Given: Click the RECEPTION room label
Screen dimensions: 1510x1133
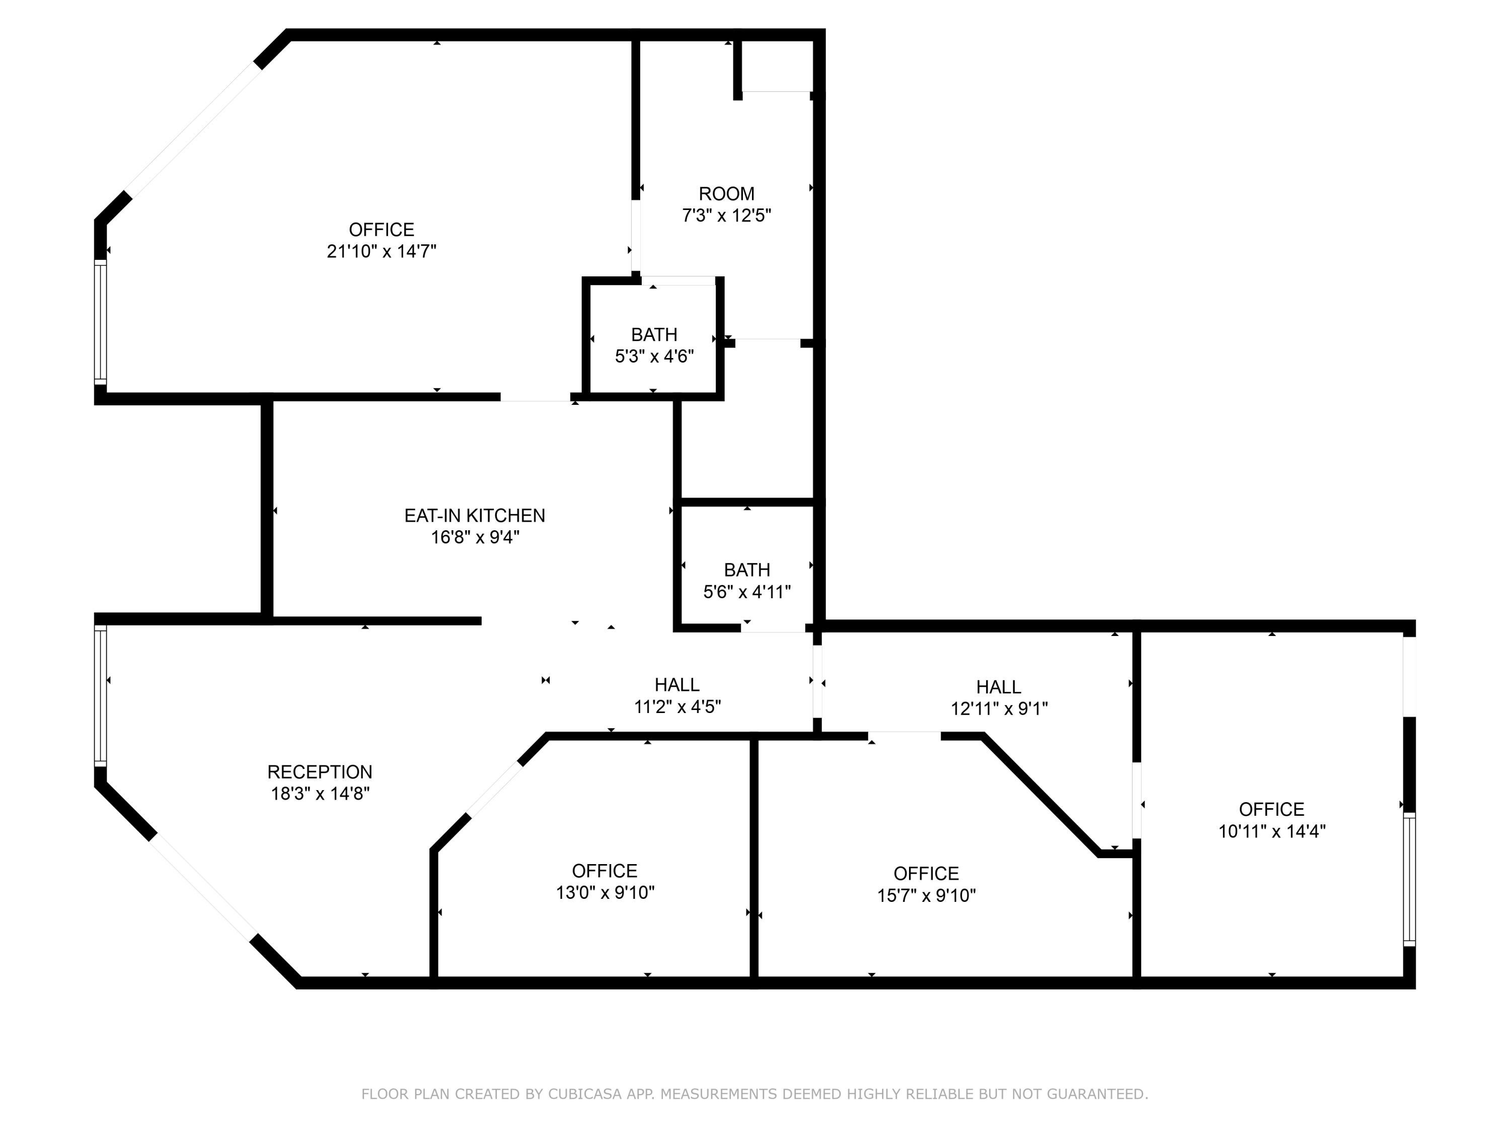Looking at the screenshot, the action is (x=320, y=772).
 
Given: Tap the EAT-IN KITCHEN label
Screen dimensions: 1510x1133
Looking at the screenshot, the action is (x=475, y=516).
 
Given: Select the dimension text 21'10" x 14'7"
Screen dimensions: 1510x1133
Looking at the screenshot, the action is (x=382, y=251).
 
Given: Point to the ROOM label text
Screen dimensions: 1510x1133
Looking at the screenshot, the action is (x=726, y=194).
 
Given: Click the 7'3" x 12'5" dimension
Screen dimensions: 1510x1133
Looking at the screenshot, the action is (x=726, y=216).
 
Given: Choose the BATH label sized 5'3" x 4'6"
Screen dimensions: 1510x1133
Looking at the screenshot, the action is (x=654, y=335).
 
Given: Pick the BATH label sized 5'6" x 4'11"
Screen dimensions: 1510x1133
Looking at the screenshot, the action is (x=747, y=570).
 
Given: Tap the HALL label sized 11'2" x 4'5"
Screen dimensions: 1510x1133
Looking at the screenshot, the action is (x=677, y=685).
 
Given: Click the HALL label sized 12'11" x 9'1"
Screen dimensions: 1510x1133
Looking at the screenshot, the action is (x=999, y=687).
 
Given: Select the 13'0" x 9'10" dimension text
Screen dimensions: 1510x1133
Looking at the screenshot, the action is (x=605, y=893).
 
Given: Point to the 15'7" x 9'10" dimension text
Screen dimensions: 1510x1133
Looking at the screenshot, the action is (x=926, y=895).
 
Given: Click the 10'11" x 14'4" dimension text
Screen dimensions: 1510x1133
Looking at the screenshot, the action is (x=1272, y=831).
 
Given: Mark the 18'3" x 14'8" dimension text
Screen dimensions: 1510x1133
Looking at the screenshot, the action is (x=320, y=794).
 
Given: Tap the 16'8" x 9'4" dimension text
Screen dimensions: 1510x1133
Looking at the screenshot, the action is (x=475, y=537).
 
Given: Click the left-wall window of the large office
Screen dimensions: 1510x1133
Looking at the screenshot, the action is (x=100, y=322).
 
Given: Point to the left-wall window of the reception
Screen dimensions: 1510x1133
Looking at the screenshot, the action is (x=100, y=696).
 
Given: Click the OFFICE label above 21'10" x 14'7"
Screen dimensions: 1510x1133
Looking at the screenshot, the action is (x=382, y=230).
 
